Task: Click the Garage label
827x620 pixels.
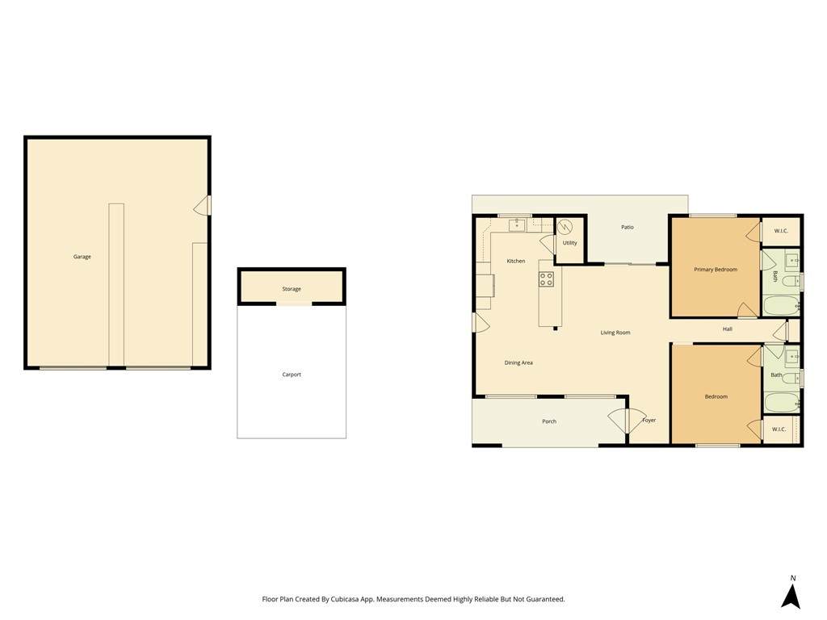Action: tap(82, 257)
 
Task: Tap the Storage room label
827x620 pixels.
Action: tap(291, 289)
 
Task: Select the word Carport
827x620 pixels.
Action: tap(291, 375)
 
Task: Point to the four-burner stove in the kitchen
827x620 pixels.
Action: tap(546, 279)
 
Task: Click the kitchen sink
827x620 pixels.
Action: tap(517, 225)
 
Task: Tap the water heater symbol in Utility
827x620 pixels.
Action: tap(565, 227)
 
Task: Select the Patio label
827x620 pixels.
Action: tap(627, 227)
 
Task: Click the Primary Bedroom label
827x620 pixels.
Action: tap(716, 270)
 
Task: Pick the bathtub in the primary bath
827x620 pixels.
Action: tap(781, 305)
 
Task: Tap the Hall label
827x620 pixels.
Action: tap(728, 329)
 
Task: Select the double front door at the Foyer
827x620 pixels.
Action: tap(627, 420)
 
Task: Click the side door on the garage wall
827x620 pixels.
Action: tap(203, 206)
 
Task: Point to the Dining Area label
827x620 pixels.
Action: tap(518, 362)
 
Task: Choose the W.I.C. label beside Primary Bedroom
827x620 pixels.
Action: tap(781, 231)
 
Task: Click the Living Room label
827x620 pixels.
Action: tap(615, 333)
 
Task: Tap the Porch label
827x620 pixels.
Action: tap(549, 421)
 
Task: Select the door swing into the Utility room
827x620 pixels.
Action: tap(548, 245)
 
